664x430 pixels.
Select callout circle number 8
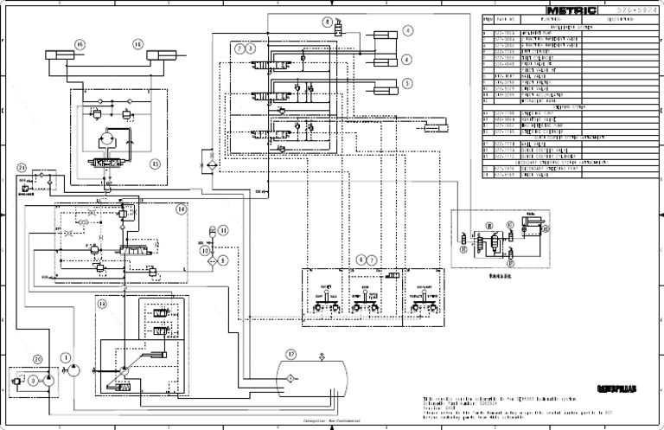(328, 21)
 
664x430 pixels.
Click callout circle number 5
(406, 84)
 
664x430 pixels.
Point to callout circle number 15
(156, 162)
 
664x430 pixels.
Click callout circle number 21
(22, 167)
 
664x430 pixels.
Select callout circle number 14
(182, 209)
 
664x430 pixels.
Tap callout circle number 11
(223, 230)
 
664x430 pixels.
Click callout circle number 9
(222, 259)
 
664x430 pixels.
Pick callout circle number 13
(102, 304)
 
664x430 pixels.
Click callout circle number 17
(290, 354)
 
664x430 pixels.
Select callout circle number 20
(37, 359)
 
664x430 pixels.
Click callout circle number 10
(205, 250)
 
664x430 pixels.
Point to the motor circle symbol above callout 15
(108, 138)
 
